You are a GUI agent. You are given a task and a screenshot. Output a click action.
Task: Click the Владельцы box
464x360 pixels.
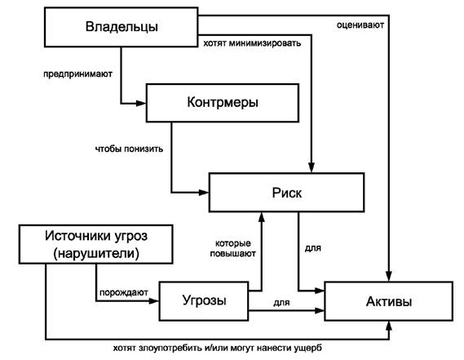pos(121,27)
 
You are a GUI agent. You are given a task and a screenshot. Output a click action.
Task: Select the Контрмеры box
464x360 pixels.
pos(223,103)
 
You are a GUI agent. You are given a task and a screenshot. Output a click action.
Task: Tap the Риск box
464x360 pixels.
pos(286,193)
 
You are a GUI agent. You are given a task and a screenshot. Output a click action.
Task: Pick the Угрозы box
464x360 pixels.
pos(204,301)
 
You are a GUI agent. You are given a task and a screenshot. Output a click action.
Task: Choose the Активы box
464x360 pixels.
pos(388,301)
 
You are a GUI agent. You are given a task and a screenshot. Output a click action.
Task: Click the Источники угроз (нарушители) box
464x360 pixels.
pos(96,244)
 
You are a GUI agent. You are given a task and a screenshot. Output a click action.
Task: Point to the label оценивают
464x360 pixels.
pos(360,24)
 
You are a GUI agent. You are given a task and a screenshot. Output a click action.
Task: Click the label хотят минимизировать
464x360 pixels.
pos(252,43)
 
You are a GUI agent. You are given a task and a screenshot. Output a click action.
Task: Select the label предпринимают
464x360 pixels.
pos(77,73)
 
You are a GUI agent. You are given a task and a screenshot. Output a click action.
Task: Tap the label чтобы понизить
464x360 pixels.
pos(129,149)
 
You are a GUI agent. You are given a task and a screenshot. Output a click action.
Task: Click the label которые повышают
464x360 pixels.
pos(233,248)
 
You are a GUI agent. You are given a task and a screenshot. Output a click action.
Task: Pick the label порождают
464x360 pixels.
pos(124,293)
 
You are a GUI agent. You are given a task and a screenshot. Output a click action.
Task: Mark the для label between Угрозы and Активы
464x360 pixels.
pos(281,303)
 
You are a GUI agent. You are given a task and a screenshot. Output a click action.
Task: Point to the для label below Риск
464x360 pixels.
pos(313,247)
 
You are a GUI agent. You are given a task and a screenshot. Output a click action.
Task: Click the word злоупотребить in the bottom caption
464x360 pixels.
pos(170,348)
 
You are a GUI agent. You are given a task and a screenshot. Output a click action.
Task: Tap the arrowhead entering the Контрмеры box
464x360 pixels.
pos(141,104)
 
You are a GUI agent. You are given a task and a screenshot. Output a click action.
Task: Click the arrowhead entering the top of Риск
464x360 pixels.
pos(312,167)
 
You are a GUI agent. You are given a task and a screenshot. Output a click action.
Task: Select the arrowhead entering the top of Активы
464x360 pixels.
pos(389,276)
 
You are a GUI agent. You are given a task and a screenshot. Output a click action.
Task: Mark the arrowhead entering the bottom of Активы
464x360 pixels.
pos(389,327)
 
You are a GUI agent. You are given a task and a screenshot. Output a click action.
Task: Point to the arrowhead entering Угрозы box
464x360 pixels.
pos(154,301)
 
